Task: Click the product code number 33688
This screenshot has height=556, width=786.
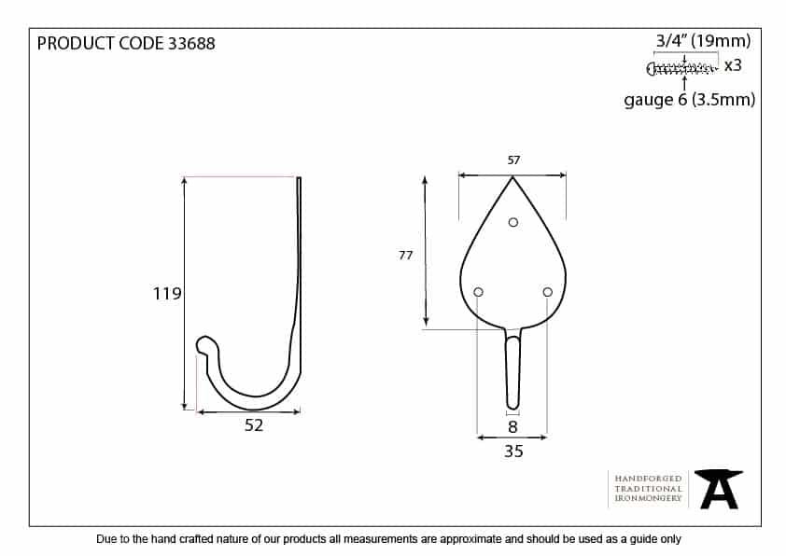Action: pyautogui.click(x=191, y=44)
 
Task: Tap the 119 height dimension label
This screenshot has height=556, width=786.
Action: pyautogui.click(x=167, y=294)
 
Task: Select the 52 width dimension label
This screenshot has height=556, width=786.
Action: pyautogui.click(x=254, y=425)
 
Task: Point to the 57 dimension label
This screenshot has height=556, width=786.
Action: pyautogui.click(x=513, y=160)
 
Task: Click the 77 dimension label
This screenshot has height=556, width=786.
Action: pyautogui.click(x=405, y=256)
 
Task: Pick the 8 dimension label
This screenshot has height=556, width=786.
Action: pyautogui.click(x=512, y=426)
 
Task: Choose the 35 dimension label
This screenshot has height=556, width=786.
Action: pyautogui.click(x=513, y=452)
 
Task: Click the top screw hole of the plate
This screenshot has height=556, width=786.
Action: pyautogui.click(x=512, y=222)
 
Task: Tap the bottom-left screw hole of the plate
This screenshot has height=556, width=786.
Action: pyautogui.click(x=478, y=292)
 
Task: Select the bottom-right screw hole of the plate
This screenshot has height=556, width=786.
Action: pyautogui.click(x=547, y=292)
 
